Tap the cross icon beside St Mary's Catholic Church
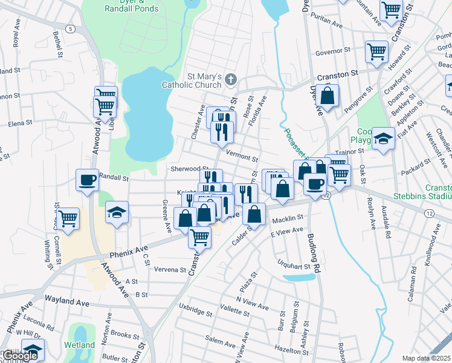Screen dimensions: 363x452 click(x=230, y=78)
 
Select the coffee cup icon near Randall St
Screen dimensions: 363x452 click(x=87, y=180)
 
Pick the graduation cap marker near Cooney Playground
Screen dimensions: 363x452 click(x=383, y=139)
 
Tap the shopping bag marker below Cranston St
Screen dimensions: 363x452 click(x=327, y=96)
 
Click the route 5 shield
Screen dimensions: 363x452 click(x=72, y=29)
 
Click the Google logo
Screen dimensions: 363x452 click(x=19, y=356)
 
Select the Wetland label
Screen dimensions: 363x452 click(x=80, y=345)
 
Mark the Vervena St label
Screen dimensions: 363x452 click(x=170, y=269)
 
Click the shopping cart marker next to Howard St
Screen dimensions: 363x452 click(x=377, y=51)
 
